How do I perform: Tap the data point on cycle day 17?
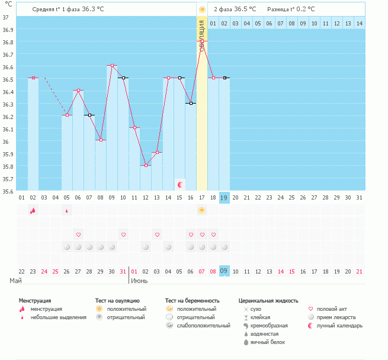coord(202,49)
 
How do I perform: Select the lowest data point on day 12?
coord(146,165)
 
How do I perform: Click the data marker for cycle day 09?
coord(112,65)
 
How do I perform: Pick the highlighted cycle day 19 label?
coord(224,197)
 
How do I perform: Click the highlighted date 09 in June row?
coord(224,271)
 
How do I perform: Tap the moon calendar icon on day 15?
coord(180,185)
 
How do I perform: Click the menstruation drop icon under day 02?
coord(33,210)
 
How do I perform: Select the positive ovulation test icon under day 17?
coord(202,210)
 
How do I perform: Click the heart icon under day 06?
coord(78,234)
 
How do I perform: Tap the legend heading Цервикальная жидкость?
coord(268,301)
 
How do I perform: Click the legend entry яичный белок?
coord(268,342)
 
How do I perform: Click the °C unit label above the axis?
coord(8,5)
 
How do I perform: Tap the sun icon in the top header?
coord(202,9)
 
